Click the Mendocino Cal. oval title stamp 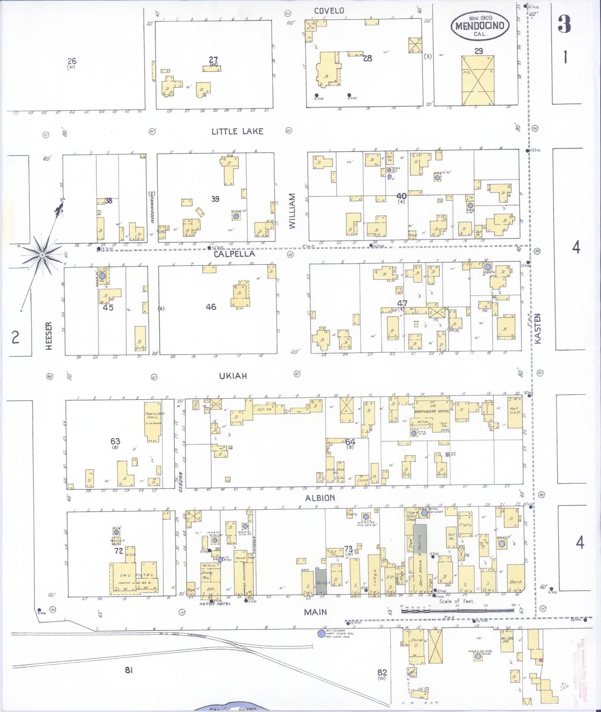click(480, 26)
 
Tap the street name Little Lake click(237, 131)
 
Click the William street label click(292, 211)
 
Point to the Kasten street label click(538, 328)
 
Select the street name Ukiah click(233, 376)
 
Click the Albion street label click(320, 498)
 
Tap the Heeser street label click(49, 336)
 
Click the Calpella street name click(234, 254)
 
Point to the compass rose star click(42, 253)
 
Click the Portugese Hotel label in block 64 click(431, 411)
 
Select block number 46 click(211, 307)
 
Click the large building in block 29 click(478, 80)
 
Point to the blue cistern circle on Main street click(321, 633)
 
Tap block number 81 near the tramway click(129, 670)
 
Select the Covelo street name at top click(329, 11)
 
